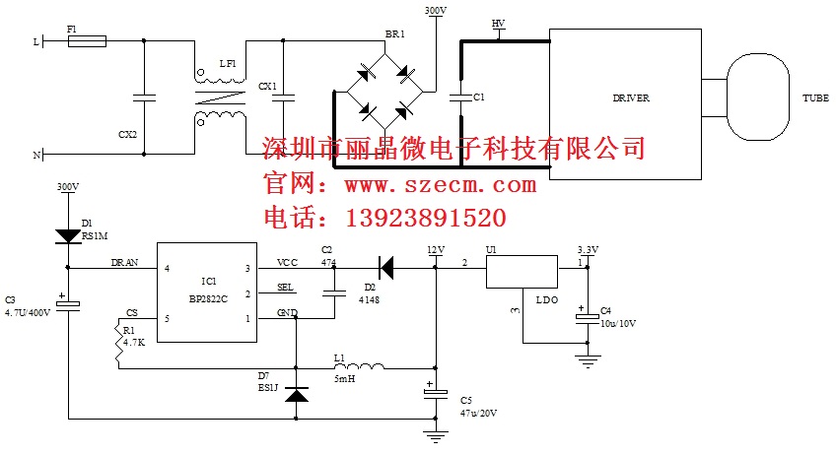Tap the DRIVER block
630,98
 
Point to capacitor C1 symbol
458,97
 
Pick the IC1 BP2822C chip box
207,292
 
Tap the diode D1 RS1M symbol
68,235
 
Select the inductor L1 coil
361,366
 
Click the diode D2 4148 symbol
387,267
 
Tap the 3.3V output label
587,250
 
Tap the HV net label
499,22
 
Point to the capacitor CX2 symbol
144,97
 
